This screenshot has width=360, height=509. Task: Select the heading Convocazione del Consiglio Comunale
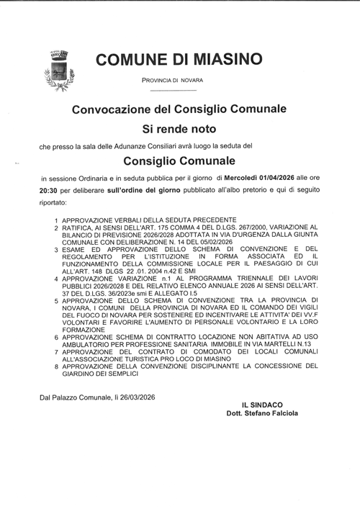click(x=179, y=109)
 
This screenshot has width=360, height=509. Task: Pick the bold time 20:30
click(x=50, y=189)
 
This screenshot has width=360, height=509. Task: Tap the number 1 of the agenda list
click(x=56, y=218)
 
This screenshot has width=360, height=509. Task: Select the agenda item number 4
click(x=56, y=277)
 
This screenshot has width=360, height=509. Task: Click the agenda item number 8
click(x=56, y=366)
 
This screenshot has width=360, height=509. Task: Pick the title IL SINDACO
click(x=264, y=406)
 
